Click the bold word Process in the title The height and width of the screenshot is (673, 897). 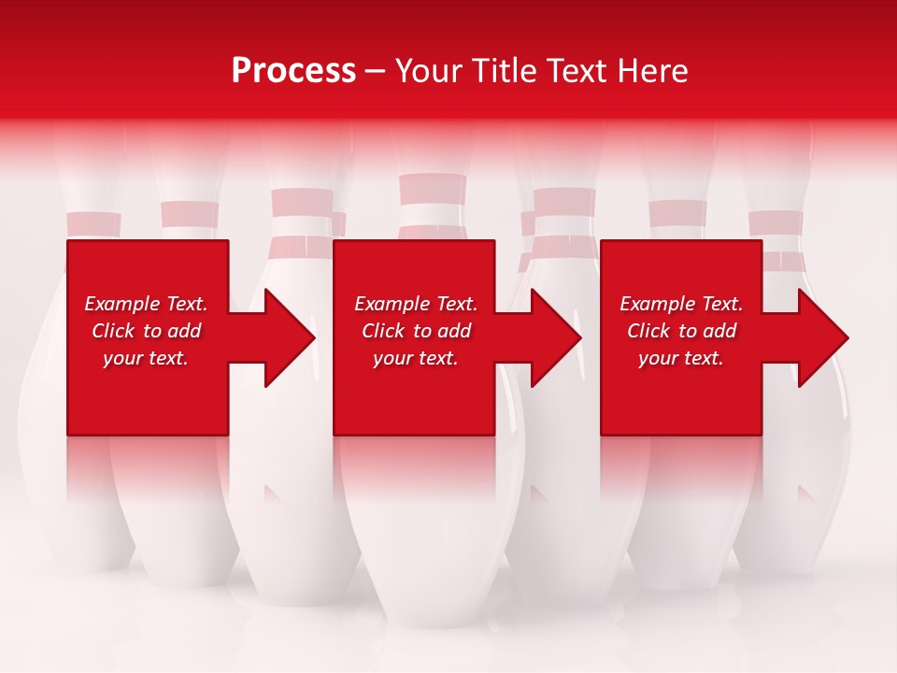click(293, 71)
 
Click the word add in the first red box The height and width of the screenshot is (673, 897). click(184, 331)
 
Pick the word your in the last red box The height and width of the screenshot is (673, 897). click(660, 358)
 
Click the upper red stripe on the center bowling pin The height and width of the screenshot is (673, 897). click(432, 189)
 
